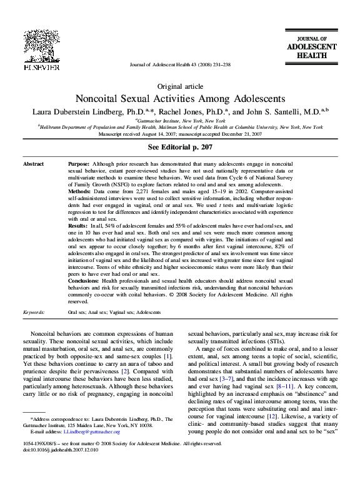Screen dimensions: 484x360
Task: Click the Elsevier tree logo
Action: pyautogui.click(x=42, y=44)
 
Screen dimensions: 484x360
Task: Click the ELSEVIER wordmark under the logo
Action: pyautogui.click(x=42, y=66)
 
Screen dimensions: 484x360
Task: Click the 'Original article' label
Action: pyautogui.click(x=179, y=86)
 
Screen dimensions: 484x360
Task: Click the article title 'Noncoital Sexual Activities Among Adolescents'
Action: pyautogui.click(x=180, y=99)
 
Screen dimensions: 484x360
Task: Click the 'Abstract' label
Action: pyautogui.click(x=33, y=163)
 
